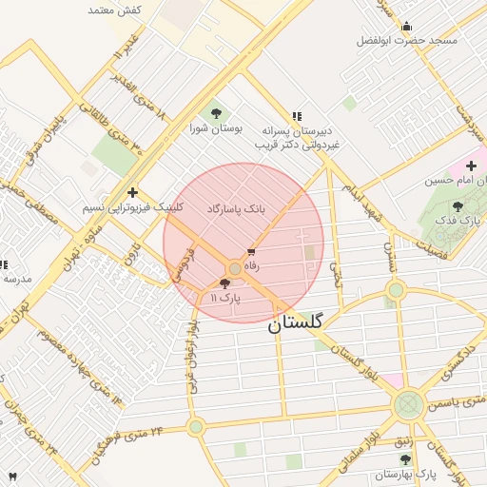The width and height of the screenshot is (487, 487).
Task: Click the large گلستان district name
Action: pos(295,323)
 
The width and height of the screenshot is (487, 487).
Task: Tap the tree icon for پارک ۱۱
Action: pos(224,283)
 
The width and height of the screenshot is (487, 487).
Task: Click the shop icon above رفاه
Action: pos(251,253)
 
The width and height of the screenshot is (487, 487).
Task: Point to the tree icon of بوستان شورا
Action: pos(214,112)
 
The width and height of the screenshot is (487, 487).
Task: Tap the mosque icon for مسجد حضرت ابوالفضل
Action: pos(407,27)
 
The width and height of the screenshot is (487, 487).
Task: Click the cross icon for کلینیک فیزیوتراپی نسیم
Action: pos(132,192)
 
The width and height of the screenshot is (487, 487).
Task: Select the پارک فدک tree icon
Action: pos(458,206)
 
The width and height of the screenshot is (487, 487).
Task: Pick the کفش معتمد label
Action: pos(114,10)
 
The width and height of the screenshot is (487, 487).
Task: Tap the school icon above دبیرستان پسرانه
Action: pos(297,115)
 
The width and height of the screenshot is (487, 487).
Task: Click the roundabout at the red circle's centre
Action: pos(235,269)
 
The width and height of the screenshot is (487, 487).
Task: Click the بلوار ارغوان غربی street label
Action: pos(193,333)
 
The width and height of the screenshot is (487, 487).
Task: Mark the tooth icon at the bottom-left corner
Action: pos(12,476)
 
